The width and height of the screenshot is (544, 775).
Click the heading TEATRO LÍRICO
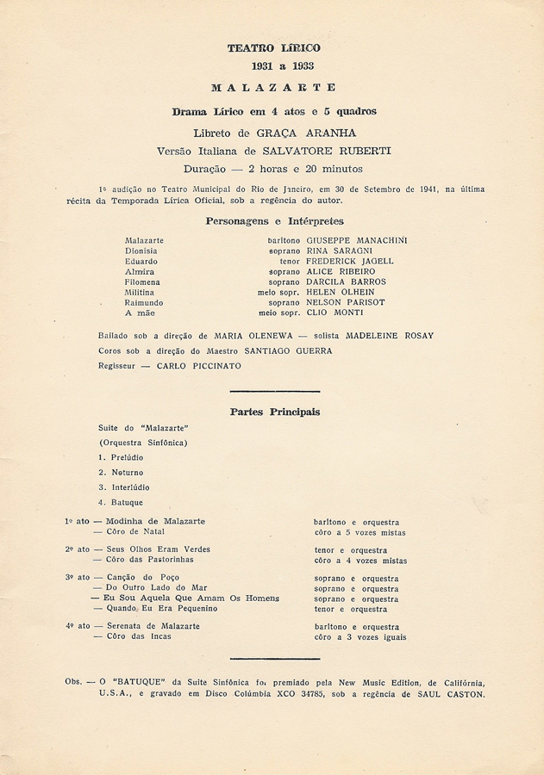pos(273,49)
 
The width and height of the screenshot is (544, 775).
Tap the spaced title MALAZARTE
pos(273,88)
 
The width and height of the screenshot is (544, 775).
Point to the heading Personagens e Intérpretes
pos(274,221)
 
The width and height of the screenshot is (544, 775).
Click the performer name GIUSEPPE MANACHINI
pos(357,240)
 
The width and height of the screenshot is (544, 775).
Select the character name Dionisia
pos(141,251)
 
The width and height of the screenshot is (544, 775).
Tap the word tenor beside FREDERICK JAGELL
pos(290,261)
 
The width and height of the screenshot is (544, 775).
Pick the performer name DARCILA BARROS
pos(347,282)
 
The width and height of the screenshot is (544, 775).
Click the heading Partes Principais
pos(274,412)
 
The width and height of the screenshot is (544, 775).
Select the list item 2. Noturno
pos(121,473)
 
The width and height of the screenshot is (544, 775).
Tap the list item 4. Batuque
pos(121,502)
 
